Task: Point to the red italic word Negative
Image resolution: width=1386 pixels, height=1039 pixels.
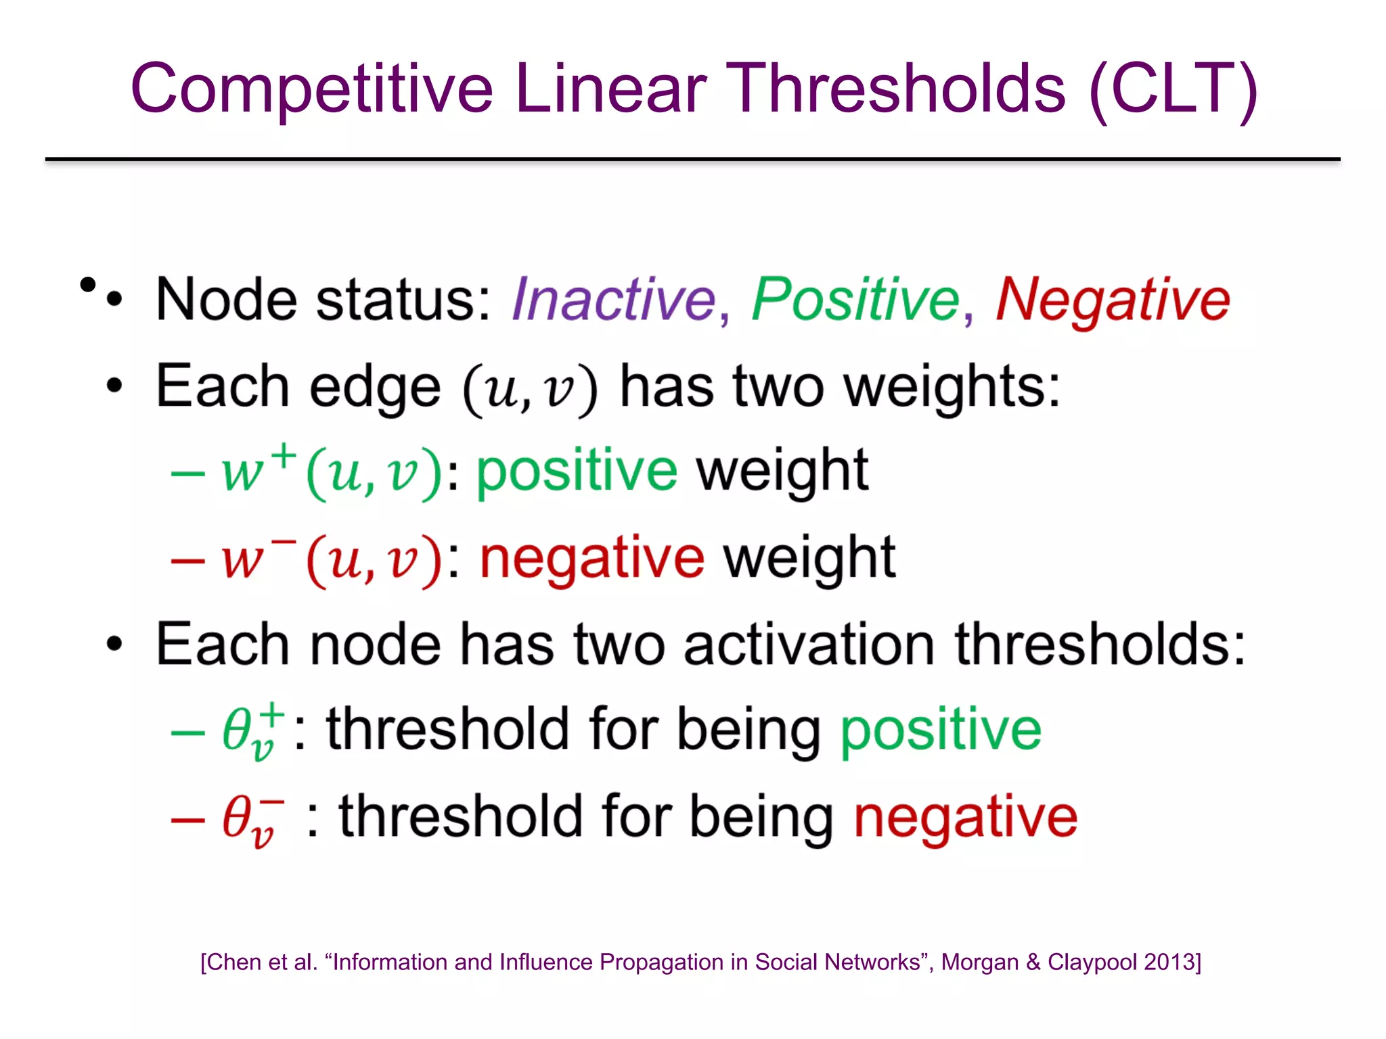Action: click(x=1113, y=300)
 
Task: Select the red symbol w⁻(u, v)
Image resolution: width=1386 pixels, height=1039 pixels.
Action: click(x=332, y=559)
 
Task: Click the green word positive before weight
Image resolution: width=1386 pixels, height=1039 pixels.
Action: click(x=577, y=471)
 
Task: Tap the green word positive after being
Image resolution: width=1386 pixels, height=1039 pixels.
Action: click(x=941, y=731)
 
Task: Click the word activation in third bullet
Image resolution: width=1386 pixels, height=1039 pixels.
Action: click(x=809, y=645)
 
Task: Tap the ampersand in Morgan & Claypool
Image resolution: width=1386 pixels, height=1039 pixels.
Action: click(x=1033, y=962)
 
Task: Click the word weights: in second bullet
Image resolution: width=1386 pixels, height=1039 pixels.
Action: click(x=952, y=388)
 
